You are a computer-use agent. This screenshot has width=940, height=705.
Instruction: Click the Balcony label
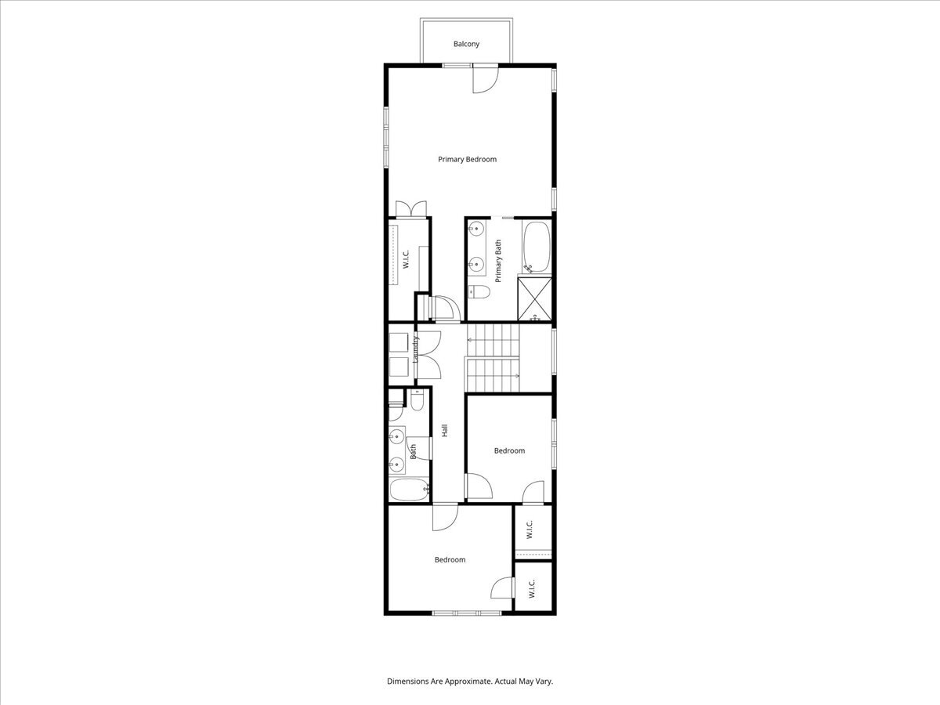point(466,44)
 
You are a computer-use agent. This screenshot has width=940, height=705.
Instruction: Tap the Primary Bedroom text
point(467,160)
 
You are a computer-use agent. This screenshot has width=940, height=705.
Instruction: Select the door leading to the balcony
point(485,78)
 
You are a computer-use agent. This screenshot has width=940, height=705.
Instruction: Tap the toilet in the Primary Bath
point(479,293)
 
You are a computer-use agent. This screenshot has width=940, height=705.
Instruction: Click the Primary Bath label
point(498,261)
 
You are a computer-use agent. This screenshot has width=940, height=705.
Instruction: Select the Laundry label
point(416,350)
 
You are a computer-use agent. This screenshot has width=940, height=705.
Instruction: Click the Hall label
point(444,430)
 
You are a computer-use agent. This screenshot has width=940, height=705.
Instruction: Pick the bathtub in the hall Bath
point(409,490)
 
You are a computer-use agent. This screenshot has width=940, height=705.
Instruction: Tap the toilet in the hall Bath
point(417,401)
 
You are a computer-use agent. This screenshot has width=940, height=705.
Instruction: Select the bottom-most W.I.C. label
point(530,589)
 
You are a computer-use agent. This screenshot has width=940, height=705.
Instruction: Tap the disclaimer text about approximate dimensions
point(470,681)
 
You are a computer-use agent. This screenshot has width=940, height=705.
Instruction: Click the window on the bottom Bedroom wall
point(468,613)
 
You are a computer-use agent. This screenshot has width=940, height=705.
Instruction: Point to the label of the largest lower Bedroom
point(450,560)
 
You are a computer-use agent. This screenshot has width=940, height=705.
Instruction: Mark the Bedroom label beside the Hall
point(509,450)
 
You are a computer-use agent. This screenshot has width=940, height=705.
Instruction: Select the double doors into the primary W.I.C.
point(410,209)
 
